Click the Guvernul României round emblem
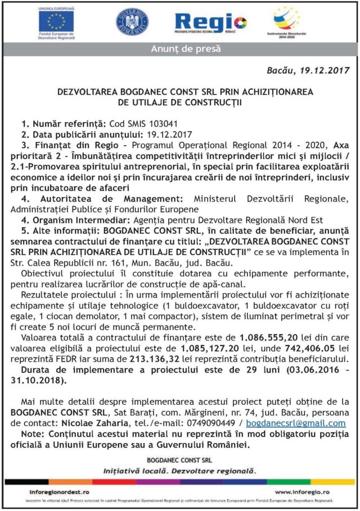(x=132, y=23)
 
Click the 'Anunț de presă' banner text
(x=180, y=50)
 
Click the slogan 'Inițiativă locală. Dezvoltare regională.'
(x=179, y=469)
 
